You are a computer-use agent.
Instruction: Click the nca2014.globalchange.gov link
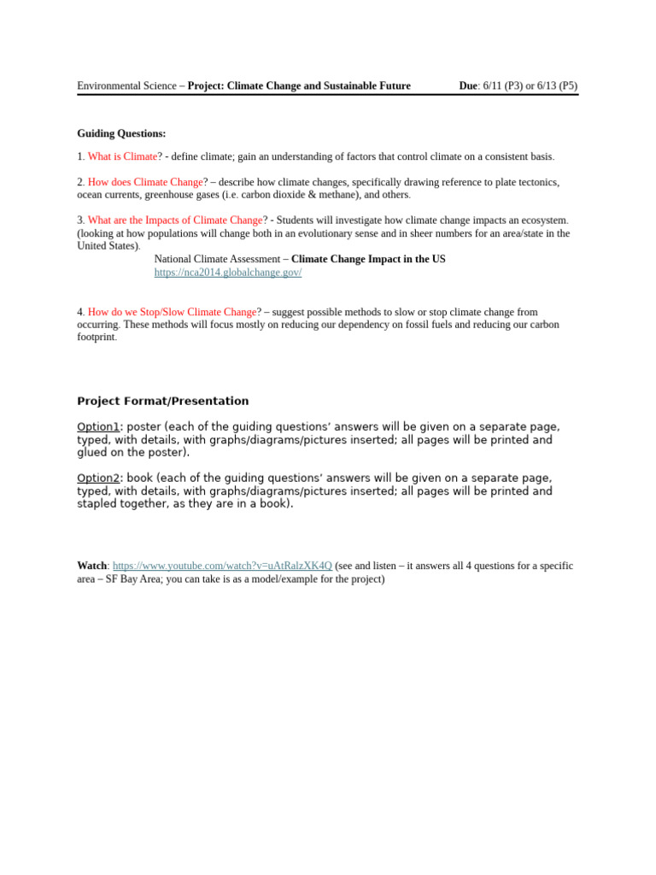(227, 273)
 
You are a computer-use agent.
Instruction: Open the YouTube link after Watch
(222, 566)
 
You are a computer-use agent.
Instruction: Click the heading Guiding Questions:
(121, 133)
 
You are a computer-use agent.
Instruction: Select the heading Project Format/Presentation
(163, 402)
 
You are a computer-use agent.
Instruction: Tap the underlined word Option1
(98, 427)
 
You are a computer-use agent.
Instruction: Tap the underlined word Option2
(98, 479)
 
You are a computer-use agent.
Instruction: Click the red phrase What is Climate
(122, 156)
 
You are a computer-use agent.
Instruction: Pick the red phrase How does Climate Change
(145, 182)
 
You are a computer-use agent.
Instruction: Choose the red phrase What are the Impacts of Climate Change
(174, 220)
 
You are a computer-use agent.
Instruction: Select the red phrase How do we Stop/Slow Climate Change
(172, 313)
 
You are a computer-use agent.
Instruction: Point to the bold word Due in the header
(468, 86)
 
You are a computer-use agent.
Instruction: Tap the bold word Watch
(92, 566)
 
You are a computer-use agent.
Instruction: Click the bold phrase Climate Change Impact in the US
(368, 259)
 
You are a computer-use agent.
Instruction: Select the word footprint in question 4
(96, 338)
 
